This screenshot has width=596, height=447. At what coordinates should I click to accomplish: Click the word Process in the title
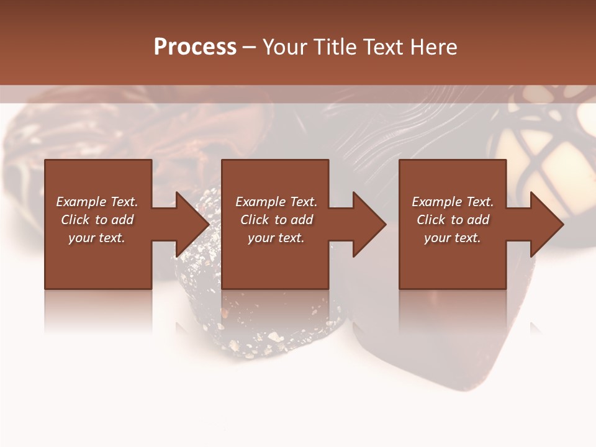coord(195,47)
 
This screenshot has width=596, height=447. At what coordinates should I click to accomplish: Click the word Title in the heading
coord(334,47)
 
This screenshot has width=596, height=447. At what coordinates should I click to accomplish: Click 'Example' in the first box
coord(80,202)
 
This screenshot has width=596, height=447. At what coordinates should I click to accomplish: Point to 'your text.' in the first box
coord(97,238)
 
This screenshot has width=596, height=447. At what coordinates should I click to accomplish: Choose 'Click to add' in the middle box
coord(276,220)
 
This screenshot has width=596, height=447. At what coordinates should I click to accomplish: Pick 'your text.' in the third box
coord(453,238)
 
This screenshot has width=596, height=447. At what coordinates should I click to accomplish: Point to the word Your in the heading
coord(286,47)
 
